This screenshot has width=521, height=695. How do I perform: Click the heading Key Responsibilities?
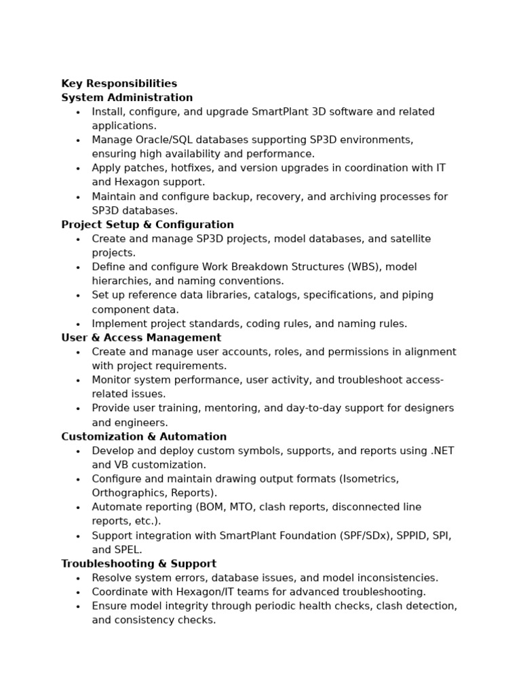click(119, 83)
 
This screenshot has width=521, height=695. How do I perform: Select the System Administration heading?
click(127, 98)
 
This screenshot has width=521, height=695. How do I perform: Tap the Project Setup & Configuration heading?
click(147, 225)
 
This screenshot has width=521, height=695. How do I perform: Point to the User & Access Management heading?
click(141, 337)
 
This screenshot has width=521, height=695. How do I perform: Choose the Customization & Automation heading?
click(144, 436)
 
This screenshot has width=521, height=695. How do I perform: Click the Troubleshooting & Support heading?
click(138, 563)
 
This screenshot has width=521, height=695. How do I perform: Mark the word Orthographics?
click(128, 493)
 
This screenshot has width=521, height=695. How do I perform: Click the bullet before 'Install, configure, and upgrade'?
click(78, 113)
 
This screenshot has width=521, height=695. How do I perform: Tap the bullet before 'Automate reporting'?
click(78, 508)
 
